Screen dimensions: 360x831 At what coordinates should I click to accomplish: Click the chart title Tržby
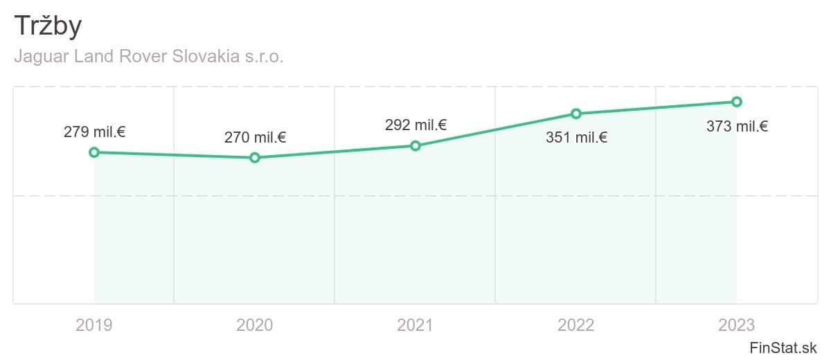pyautogui.click(x=48, y=27)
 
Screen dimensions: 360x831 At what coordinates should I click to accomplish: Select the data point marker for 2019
pyautogui.click(x=94, y=152)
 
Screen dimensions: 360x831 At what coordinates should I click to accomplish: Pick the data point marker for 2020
pyautogui.click(x=255, y=158)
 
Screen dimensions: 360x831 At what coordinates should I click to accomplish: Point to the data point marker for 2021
pyautogui.click(x=415, y=145)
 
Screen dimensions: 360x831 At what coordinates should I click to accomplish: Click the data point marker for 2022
pyautogui.click(x=576, y=114)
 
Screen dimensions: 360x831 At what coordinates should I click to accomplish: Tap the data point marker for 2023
pyautogui.click(x=737, y=102)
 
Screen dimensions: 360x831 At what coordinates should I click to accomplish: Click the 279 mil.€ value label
pyautogui.click(x=94, y=132)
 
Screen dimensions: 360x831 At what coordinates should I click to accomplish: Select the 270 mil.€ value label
pyautogui.click(x=255, y=137)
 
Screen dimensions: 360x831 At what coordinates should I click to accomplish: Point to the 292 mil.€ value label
pyautogui.click(x=415, y=125)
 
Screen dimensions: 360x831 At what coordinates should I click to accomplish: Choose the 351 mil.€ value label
pyautogui.click(x=576, y=137)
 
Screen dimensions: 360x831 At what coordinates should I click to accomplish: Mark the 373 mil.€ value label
pyautogui.click(x=737, y=126)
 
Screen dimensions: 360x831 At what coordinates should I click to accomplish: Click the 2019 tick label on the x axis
pyautogui.click(x=94, y=325)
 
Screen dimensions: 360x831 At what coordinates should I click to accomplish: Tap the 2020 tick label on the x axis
pyautogui.click(x=255, y=325)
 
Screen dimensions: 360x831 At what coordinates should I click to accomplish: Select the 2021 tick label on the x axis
pyautogui.click(x=415, y=325)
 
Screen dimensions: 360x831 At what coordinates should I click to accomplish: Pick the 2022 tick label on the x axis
pyautogui.click(x=576, y=325)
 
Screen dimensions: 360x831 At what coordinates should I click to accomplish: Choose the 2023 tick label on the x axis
pyautogui.click(x=737, y=325)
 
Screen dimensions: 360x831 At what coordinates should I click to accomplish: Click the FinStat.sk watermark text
pyautogui.click(x=783, y=348)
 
